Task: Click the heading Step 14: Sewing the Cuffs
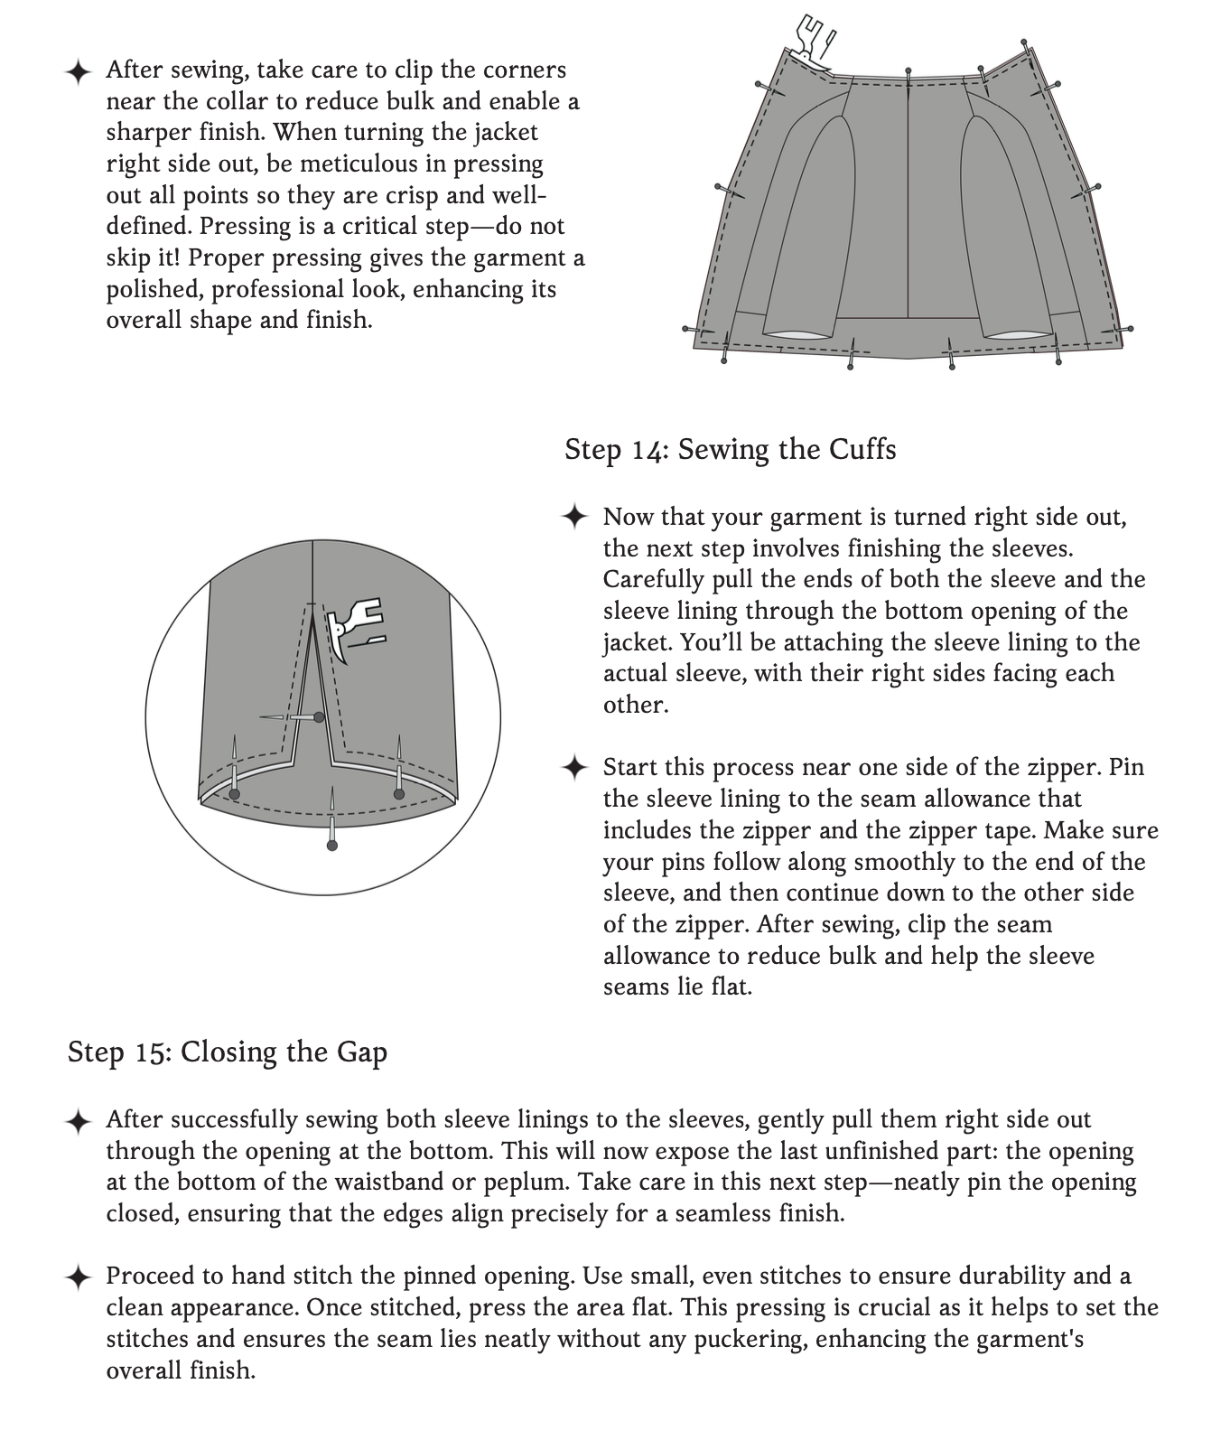pos(730,449)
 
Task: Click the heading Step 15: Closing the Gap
pos(227,1052)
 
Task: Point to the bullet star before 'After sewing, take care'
pos(79,71)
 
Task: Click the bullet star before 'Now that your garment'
pos(574,518)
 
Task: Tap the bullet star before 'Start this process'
pos(574,768)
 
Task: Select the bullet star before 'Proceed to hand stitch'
pos(79,1277)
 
